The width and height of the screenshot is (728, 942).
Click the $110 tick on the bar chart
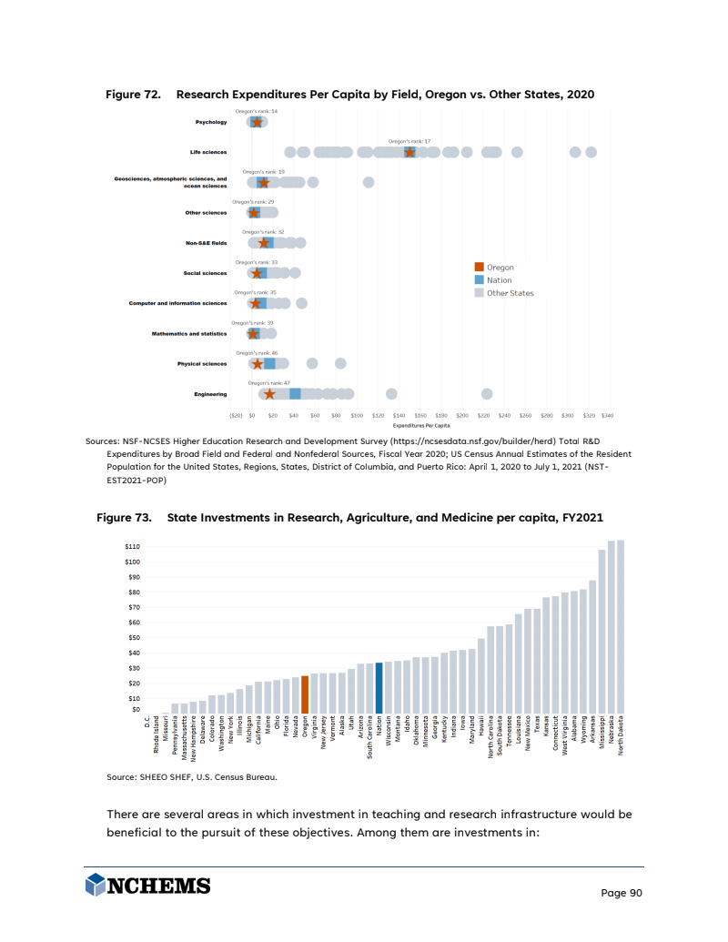[132, 546]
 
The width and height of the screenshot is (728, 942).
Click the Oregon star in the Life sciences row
[410, 152]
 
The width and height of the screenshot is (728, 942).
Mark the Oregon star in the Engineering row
[269, 394]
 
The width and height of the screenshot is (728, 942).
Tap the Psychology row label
[211, 122]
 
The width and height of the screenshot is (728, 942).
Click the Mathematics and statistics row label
[189, 334]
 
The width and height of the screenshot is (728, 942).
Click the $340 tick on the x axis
[608, 415]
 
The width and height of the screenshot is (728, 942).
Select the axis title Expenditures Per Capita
[421, 424]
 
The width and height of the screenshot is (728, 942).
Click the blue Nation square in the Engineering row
[295, 394]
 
